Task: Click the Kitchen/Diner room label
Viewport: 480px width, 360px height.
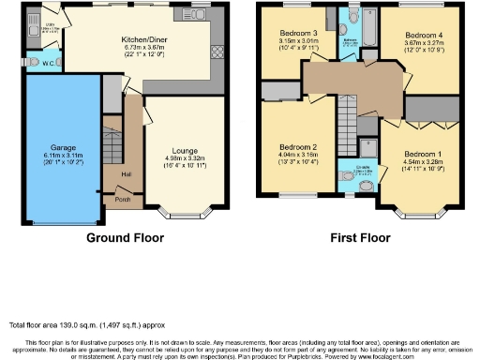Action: [143, 40]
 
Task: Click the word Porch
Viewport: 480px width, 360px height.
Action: [122, 199]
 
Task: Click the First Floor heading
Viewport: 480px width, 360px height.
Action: [359, 238]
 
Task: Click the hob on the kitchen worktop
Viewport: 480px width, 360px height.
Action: [219, 49]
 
